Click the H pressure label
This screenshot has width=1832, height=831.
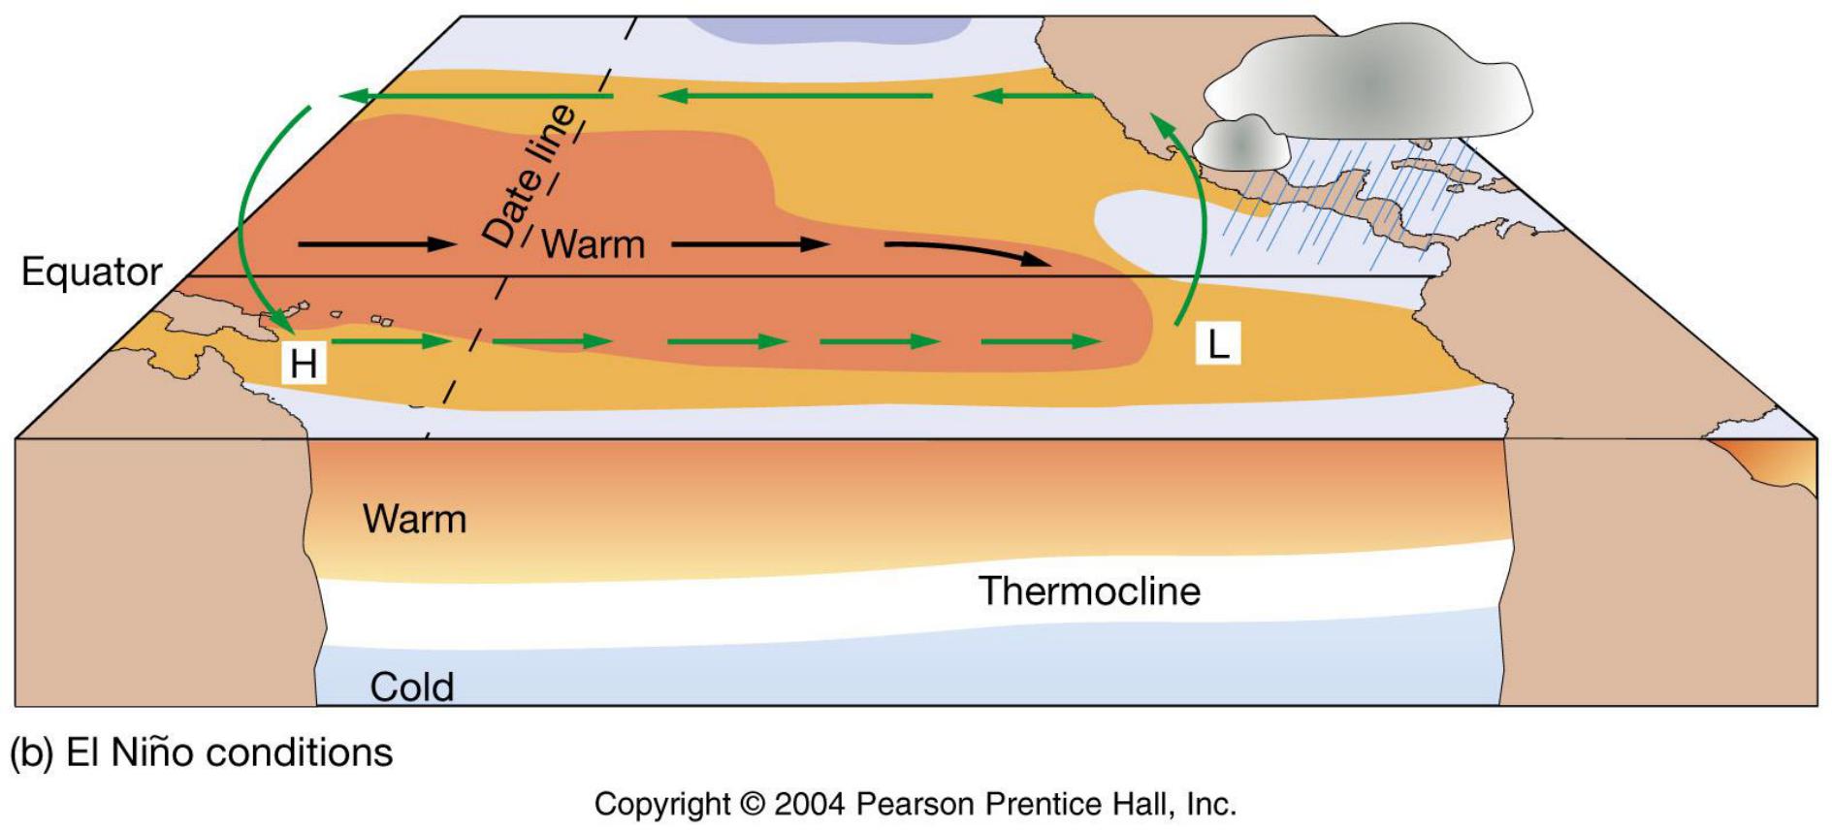click(x=304, y=365)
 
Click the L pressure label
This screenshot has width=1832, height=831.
click(x=1218, y=344)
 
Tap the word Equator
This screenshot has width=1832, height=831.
click(x=91, y=272)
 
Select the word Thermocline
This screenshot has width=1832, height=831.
click(x=1089, y=591)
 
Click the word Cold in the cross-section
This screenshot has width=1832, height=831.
click(x=411, y=687)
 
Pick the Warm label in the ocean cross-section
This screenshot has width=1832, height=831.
click(x=414, y=520)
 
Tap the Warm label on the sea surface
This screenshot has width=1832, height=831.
click(x=593, y=244)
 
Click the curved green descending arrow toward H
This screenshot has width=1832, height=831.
click(x=246, y=223)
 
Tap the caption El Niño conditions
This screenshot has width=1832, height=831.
click(x=229, y=753)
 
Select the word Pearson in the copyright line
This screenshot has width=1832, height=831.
click(x=916, y=804)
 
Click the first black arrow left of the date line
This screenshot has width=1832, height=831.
click(x=375, y=244)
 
